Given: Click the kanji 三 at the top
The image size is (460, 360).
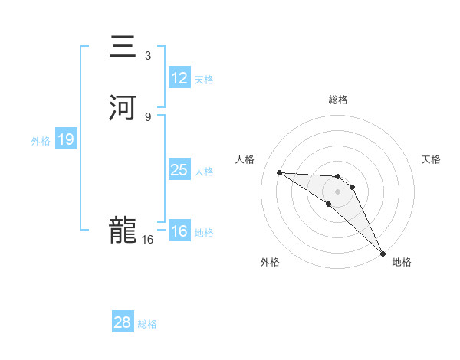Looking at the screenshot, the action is point(124,48).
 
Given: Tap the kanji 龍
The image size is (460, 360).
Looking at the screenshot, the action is point(124,230).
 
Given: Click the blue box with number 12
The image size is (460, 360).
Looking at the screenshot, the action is point(179,78).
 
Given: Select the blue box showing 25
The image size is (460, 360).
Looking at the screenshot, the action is point(179,170).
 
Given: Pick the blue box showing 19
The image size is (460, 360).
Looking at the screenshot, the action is point(66,140).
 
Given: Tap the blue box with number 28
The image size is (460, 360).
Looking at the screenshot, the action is point(123,322).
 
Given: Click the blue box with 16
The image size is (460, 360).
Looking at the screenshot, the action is point(179,231).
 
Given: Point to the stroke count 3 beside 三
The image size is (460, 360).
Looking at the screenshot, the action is point(148,56).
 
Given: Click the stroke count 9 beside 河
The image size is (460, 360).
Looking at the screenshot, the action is point(148,116).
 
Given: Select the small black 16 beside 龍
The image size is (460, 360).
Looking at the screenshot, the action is point(148,239).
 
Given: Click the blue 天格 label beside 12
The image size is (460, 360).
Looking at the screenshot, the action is point(204,80).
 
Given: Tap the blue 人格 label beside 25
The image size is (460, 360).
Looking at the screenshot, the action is point(204,172).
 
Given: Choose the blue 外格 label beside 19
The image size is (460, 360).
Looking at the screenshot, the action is point(41,141).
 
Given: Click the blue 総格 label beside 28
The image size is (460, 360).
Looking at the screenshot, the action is point(147,324).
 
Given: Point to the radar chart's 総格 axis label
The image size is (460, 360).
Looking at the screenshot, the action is point(338,100).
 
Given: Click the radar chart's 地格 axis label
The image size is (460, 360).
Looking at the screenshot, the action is point(402,262).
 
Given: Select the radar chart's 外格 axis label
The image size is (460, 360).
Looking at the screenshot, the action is point(270,262).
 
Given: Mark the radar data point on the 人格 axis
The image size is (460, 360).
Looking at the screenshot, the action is point(279,172).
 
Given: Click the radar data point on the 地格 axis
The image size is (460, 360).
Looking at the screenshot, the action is point(383,253).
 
